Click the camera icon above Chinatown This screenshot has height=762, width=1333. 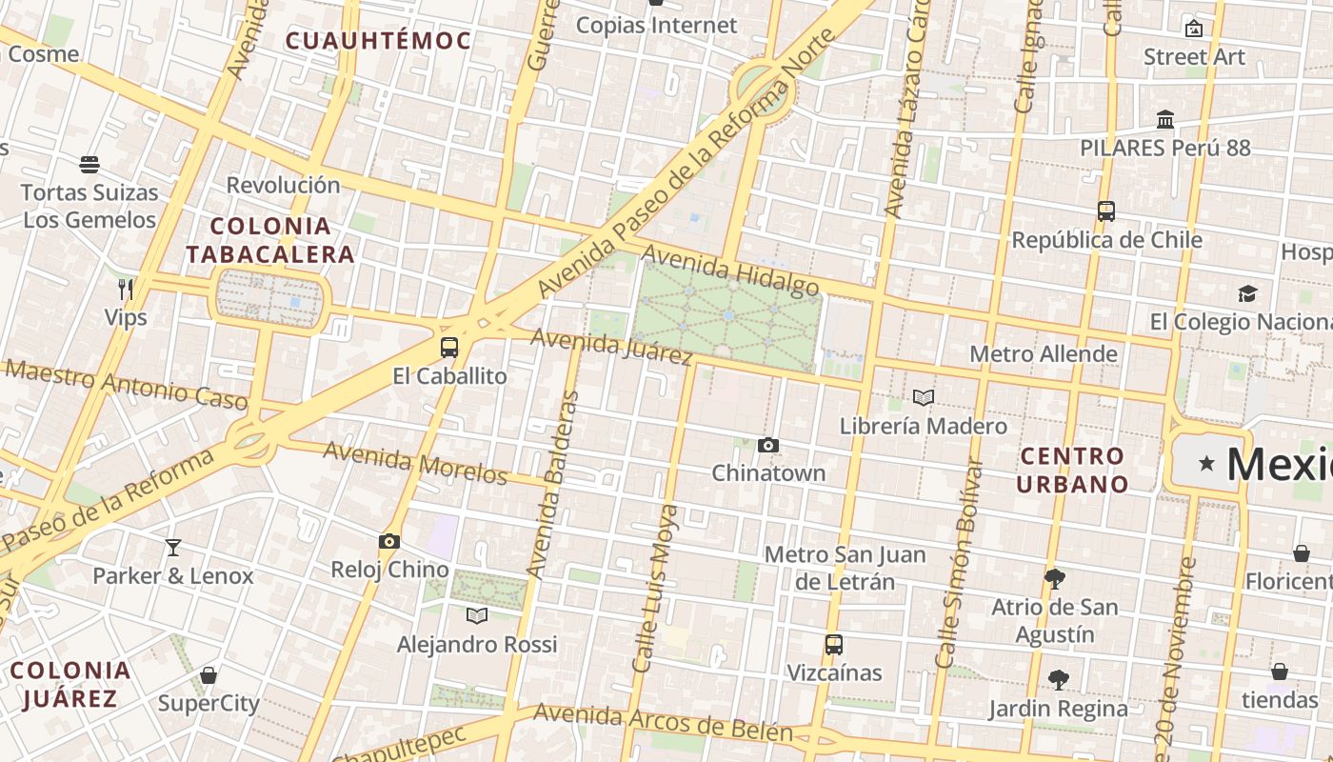[x=768, y=445]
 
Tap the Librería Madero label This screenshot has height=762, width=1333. [x=923, y=426]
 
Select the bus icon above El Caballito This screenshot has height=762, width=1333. [x=449, y=348]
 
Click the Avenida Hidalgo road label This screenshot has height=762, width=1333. [x=730, y=271]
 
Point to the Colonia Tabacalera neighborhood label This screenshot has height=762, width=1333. [x=270, y=240]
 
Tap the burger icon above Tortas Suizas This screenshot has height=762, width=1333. [x=90, y=165]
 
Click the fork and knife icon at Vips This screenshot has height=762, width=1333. [x=126, y=289]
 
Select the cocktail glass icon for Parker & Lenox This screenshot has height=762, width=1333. [x=173, y=548]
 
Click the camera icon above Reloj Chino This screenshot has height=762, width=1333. [x=388, y=542]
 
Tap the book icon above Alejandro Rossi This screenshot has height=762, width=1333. [x=477, y=615]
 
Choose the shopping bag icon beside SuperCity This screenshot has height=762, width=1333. [x=209, y=675]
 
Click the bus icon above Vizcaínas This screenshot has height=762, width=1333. [x=834, y=645]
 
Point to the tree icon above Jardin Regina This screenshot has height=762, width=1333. [x=1058, y=680]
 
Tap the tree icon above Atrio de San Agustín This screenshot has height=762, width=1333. [x=1054, y=578]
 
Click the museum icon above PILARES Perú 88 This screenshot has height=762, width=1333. [x=1165, y=120]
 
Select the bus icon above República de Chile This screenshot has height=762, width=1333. [x=1106, y=211]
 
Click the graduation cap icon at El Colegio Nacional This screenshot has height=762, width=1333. [x=1247, y=293]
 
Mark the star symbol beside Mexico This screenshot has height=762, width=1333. [x=1206, y=464]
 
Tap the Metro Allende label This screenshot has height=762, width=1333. [x=1043, y=354]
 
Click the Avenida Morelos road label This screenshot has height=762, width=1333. [x=415, y=463]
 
